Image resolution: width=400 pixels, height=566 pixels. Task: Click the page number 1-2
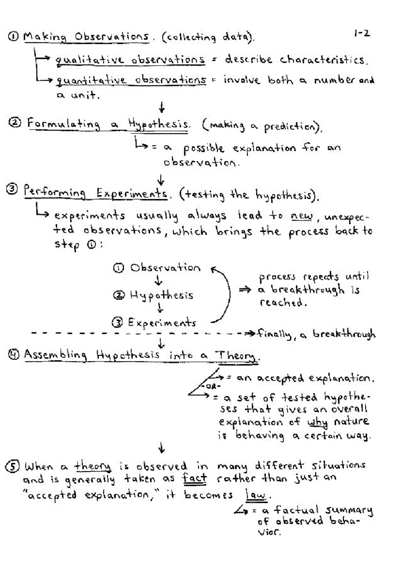click(x=362, y=34)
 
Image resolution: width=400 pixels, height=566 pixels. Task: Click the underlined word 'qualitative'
click(x=89, y=60)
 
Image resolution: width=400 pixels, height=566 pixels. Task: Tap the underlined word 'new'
click(x=302, y=216)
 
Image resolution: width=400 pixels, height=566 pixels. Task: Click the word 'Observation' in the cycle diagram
click(x=165, y=268)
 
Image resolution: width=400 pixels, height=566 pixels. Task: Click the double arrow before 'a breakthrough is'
click(x=245, y=290)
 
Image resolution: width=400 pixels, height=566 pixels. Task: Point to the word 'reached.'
click(x=282, y=303)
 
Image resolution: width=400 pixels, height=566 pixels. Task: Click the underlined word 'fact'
click(x=195, y=479)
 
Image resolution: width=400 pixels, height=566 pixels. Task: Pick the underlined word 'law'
click(x=256, y=496)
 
